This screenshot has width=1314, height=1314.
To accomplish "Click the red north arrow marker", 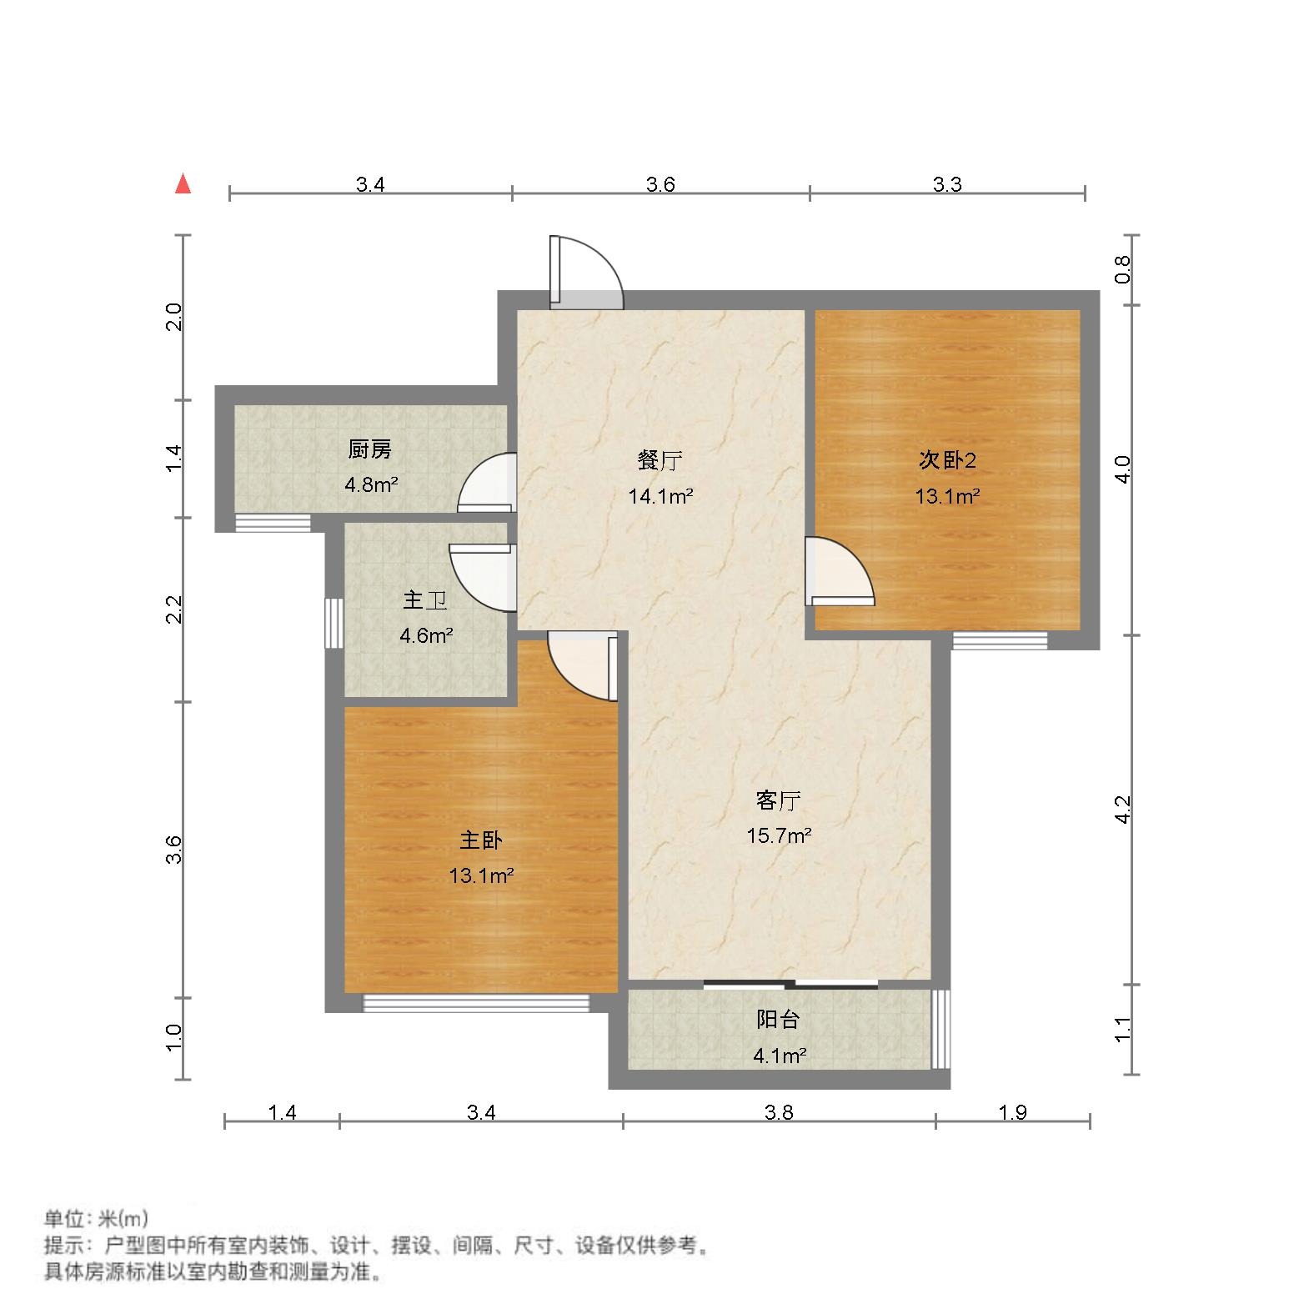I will click(x=183, y=184).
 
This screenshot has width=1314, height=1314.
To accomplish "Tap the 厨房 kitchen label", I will click(x=369, y=450).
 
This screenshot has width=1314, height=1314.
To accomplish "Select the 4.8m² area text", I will click(x=371, y=484).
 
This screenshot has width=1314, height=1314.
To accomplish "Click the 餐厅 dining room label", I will click(x=660, y=459).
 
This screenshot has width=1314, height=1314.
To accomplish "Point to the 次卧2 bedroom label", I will click(x=947, y=459).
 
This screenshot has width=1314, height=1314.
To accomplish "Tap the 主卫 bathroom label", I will click(x=425, y=600).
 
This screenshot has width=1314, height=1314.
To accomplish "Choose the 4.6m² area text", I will click(x=425, y=636).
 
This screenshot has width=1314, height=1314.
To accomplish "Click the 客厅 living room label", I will click(x=778, y=801).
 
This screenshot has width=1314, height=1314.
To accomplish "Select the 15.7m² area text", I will click(x=779, y=835).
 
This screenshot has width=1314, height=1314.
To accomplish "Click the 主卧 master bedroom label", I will click(x=481, y=840).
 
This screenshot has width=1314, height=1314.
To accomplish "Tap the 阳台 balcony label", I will click(x=778, y=1019).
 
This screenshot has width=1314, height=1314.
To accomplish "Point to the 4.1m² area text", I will click(x=780, y=1056).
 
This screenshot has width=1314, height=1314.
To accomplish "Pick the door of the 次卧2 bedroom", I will click(x=838, y=574).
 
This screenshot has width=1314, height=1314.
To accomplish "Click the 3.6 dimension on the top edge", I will click(x=660, y=184).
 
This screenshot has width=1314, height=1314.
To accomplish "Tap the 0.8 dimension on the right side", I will click(x=1122, y=269).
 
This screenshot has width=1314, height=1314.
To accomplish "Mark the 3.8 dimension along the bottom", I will click(x=779, y=1112).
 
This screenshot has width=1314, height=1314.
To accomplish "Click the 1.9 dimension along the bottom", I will click(x=1012, y=1112).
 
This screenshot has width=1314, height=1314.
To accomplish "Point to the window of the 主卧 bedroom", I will click(x=476, y=1002).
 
